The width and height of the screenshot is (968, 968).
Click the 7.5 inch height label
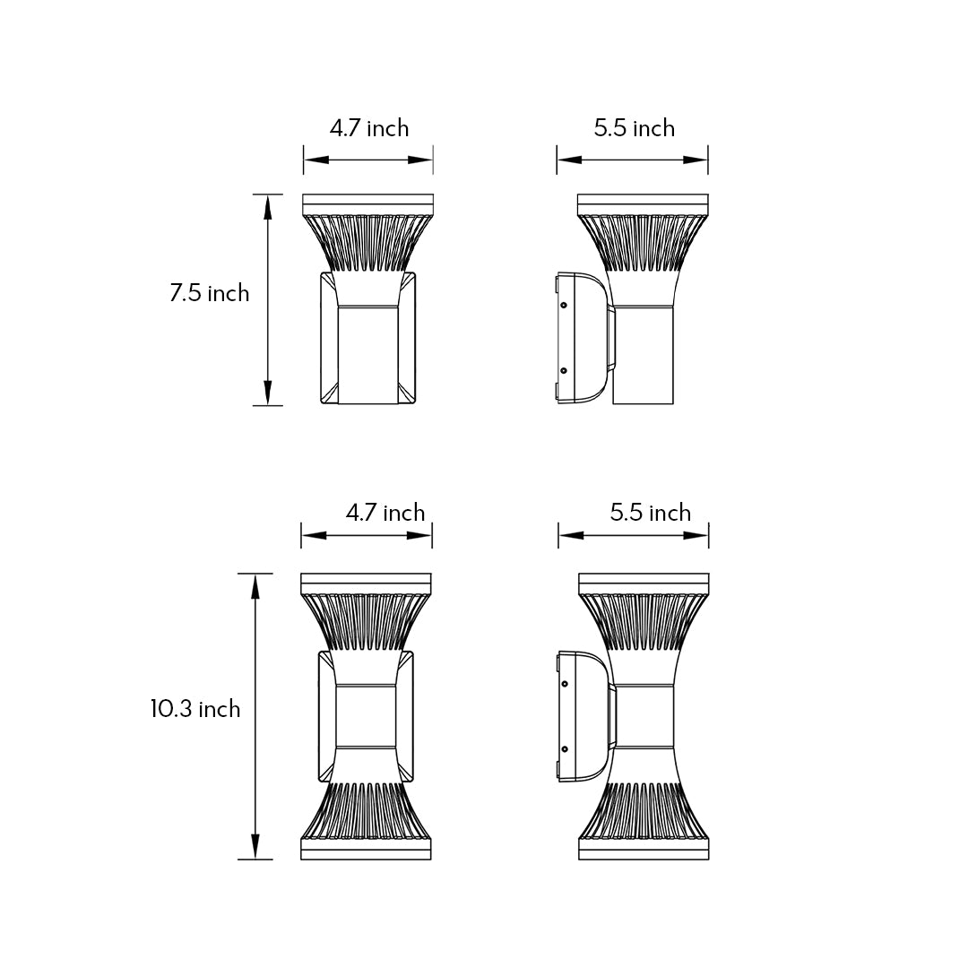[x=209, y=293]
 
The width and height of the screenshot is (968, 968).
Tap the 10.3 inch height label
[x=195, y=709]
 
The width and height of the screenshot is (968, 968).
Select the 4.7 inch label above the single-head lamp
[x=369, y=128]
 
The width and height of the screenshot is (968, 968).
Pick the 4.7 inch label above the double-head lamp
[x=385, y=513]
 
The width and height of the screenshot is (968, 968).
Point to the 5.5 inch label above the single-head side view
[x=634, y=128]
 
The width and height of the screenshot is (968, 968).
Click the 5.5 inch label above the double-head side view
[x=651, y=513]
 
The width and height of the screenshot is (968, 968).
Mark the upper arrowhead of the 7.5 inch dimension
[x=267, y=207]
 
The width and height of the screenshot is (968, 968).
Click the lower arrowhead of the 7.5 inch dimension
[x=267, y=393]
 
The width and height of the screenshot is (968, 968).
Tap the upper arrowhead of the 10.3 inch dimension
[x=255, y=586]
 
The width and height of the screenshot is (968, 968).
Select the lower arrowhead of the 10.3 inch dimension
[x=255, y=847]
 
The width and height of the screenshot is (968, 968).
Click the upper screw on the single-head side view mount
[x=564, y=306]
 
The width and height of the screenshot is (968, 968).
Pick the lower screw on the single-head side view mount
[x=564, y=369]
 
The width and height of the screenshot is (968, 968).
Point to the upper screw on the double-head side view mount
[x=565, y=684]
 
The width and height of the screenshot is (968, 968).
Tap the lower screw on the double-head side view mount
[x=565, y=748]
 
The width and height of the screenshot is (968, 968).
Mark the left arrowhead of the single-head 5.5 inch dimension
[x=569, y=160]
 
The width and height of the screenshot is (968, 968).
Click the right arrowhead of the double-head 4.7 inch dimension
[x=419, y=535]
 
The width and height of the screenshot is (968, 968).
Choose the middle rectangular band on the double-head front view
[x=366, y=716]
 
